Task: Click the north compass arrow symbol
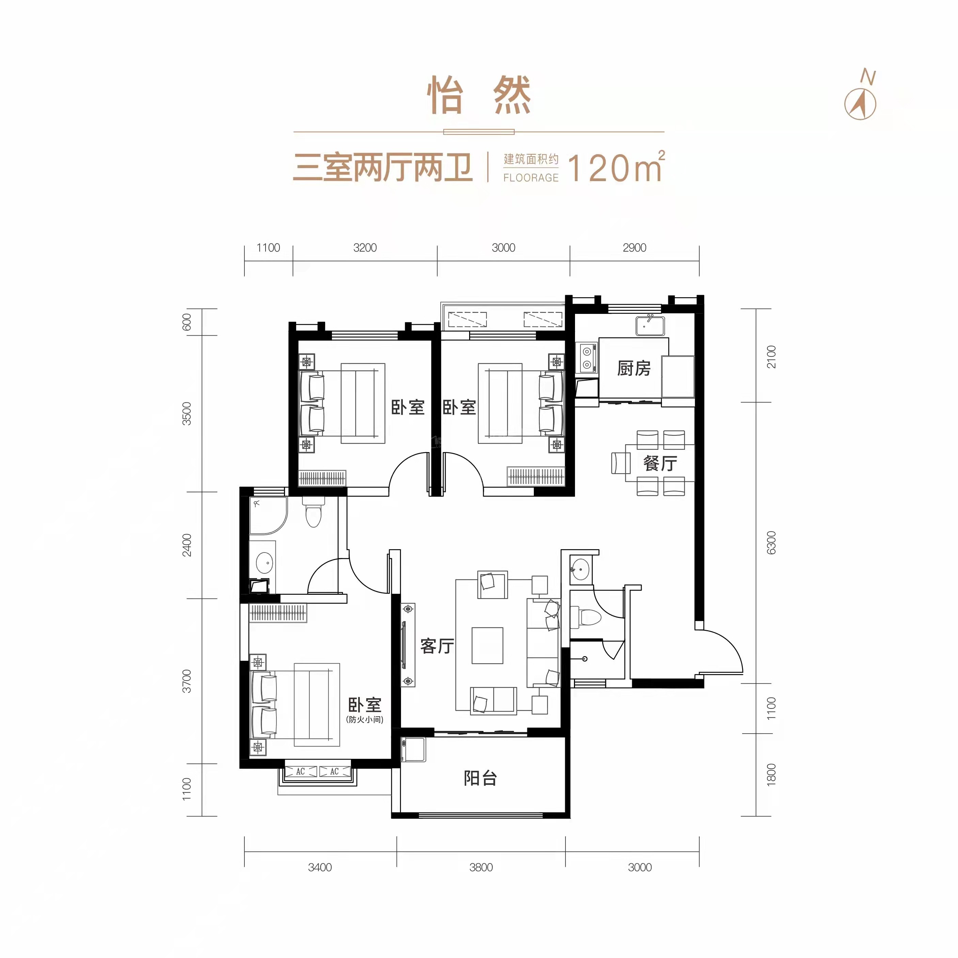click(x=860, y=103)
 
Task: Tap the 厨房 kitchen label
click(x=634, y=368)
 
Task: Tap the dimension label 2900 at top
click(x=634, y=248)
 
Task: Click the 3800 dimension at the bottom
click(x=481, y=867)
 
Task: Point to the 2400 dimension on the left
click(x=187, y=545)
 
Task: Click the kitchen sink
click(x=650, y=326)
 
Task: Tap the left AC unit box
click(x=301, y=771)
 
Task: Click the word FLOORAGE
click(x=530, y=177)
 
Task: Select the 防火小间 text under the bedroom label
click(x=365, y=719)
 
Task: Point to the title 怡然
click(x=479, y=96)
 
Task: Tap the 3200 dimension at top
click(x=365, y=248)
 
